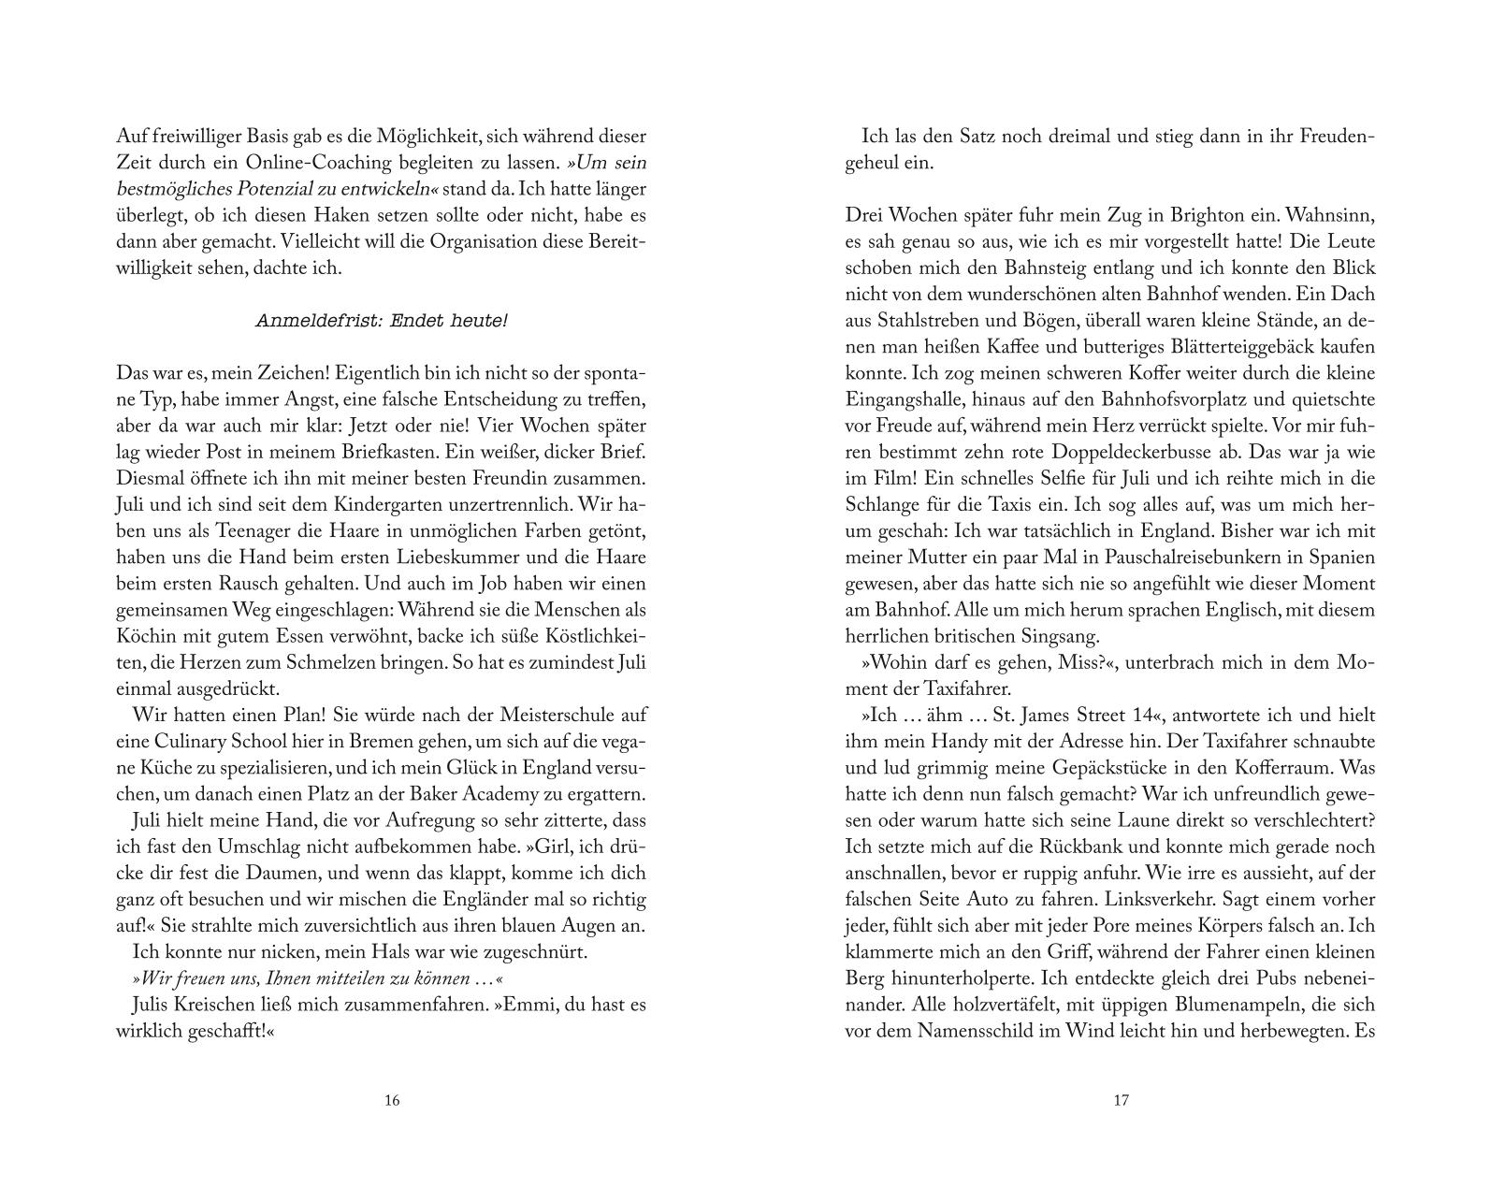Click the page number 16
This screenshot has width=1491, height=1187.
point(392,1100)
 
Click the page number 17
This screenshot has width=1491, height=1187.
point(1121,1100)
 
